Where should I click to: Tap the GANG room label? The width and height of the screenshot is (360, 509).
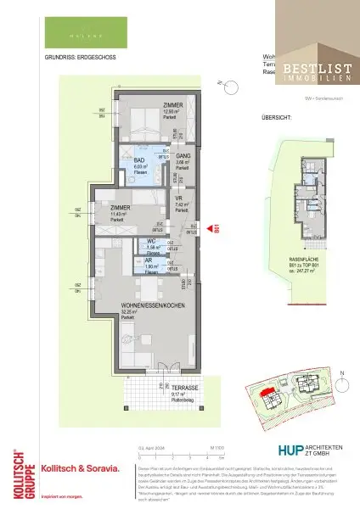pos(182,156)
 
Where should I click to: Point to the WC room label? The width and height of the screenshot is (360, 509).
pos(153,243)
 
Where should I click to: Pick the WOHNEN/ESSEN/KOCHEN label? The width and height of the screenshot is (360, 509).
pos(153,306)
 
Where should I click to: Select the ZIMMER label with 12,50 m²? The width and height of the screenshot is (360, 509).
pos(172,106)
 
